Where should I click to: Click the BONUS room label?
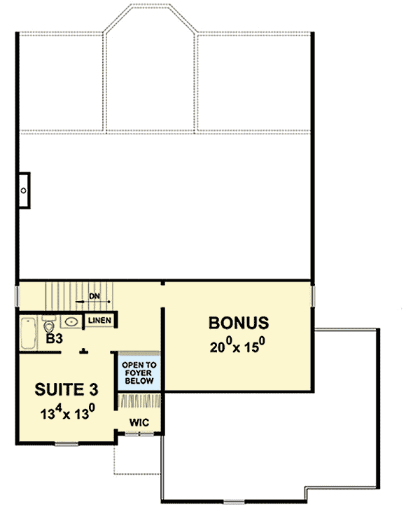[239, 324]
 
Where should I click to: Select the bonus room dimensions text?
[238, 346]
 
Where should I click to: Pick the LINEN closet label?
[100, 321]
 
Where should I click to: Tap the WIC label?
[139, 422]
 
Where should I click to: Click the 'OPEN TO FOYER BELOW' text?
[139, 373]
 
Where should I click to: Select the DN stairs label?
[95, 296]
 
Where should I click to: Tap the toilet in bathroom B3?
[49, 325]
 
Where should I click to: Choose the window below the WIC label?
[140, 434]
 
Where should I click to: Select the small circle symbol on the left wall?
[23, 190]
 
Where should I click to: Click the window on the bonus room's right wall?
[314, 294]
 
